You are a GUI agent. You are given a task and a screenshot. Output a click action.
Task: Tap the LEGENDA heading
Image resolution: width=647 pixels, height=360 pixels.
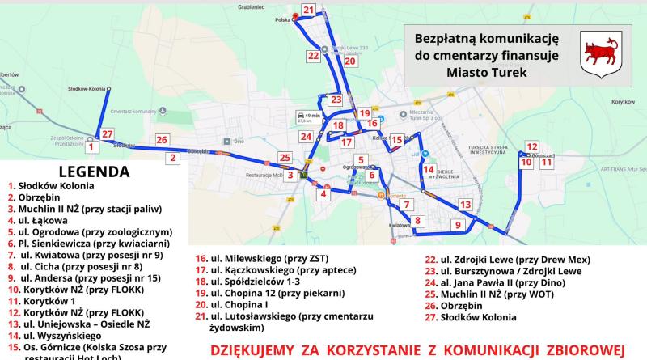coord(95,172)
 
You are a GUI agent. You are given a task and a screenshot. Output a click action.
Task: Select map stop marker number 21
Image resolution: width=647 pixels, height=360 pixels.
coord(308,11)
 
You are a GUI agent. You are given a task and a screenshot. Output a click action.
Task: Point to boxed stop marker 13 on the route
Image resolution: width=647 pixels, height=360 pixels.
coord(464,205)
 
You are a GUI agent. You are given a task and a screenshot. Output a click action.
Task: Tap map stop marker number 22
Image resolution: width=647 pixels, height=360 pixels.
coord(313,56)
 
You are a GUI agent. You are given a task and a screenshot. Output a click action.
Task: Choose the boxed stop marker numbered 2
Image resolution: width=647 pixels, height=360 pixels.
coord(172,159)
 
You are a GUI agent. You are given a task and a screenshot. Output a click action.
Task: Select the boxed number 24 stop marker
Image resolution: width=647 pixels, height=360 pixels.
coord(307,137)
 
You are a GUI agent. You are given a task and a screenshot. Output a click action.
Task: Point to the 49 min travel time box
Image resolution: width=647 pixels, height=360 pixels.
coord(312,116)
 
